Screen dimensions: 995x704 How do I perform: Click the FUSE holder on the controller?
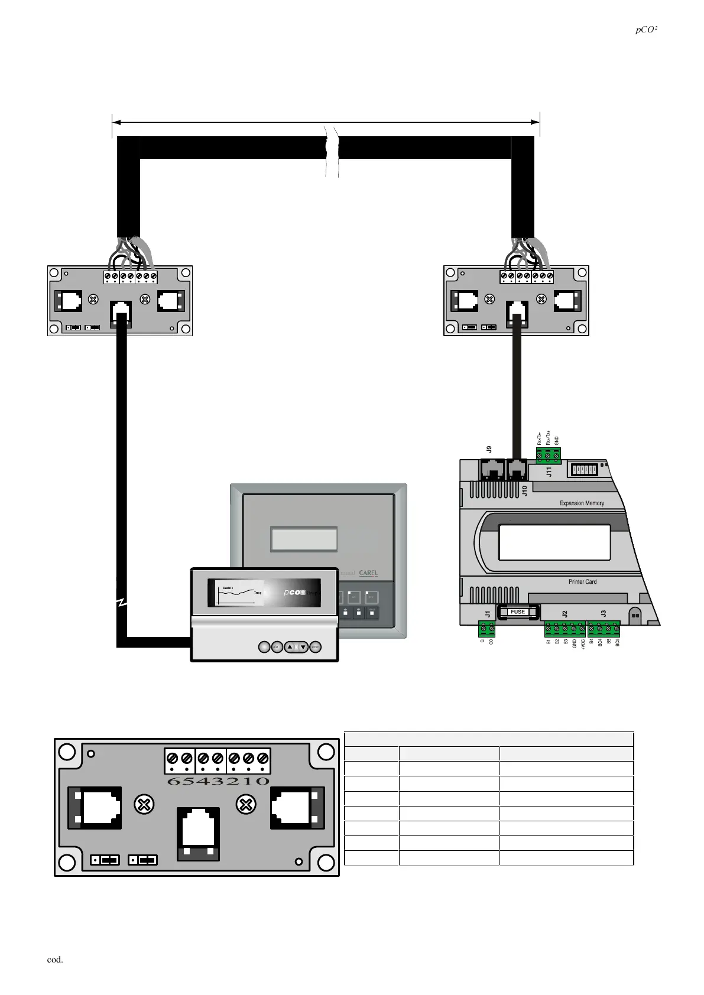518,612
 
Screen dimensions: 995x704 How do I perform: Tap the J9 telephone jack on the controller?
492,470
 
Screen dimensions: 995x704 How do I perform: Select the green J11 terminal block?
548,456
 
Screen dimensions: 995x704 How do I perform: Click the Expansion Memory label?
582,503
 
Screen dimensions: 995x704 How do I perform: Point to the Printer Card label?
582,582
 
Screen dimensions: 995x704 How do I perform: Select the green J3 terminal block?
604,629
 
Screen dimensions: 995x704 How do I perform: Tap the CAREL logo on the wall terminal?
368,573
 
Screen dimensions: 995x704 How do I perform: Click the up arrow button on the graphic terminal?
291,647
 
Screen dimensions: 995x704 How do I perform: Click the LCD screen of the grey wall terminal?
304,539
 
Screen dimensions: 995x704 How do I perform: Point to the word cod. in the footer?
55,960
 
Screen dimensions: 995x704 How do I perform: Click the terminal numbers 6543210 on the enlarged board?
218,781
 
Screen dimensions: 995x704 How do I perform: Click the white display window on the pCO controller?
554,542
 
